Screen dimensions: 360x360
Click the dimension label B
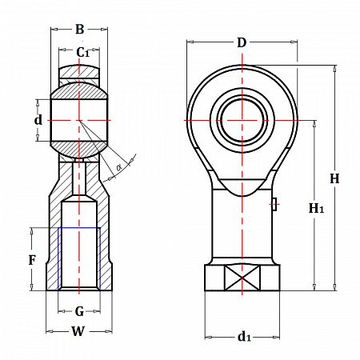point(79,29)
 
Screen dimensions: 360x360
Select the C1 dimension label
point(82,52)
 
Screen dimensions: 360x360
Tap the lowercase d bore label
point(38,120)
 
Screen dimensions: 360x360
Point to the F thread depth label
point(32,260)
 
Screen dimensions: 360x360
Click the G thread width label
point(79,311)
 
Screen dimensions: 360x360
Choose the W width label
point(78,331)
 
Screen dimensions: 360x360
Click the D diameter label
point(242,42)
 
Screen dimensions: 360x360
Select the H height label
point(334,178)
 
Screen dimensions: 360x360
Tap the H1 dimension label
point(316,208)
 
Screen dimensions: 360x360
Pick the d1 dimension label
point(244,337)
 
